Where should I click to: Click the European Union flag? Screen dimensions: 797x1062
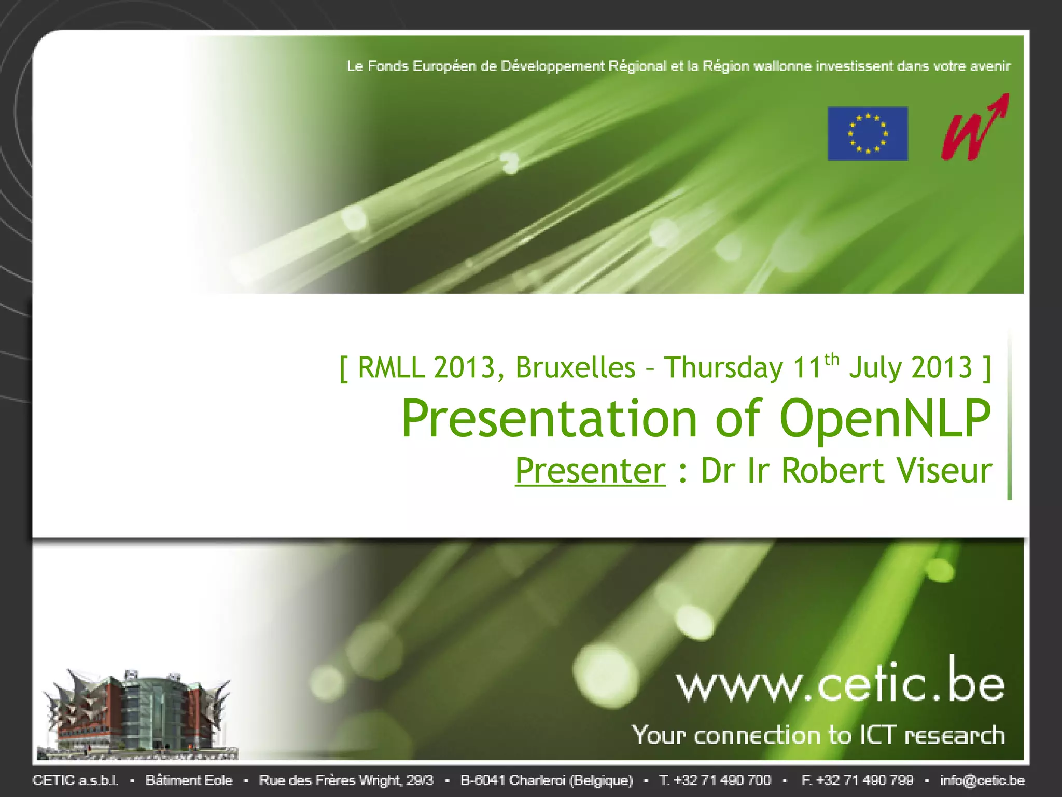(x=868, y=133)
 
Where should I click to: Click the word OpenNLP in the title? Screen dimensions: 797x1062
(x=885, y=419)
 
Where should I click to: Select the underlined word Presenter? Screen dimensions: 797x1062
(x=590, y=471)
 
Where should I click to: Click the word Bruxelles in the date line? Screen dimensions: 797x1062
(x=576, y=368)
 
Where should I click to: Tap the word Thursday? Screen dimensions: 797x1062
(x=724, y=368)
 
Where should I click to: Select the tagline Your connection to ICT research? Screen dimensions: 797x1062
(x=818, y=735)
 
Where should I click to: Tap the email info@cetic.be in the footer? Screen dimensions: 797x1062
(x=983, y=780)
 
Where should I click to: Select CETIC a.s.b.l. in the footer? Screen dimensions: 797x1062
(x=76, y=780)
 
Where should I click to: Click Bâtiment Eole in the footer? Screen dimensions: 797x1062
(x=189, y=780)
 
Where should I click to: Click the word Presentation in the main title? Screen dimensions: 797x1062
(x=550, y=419)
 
